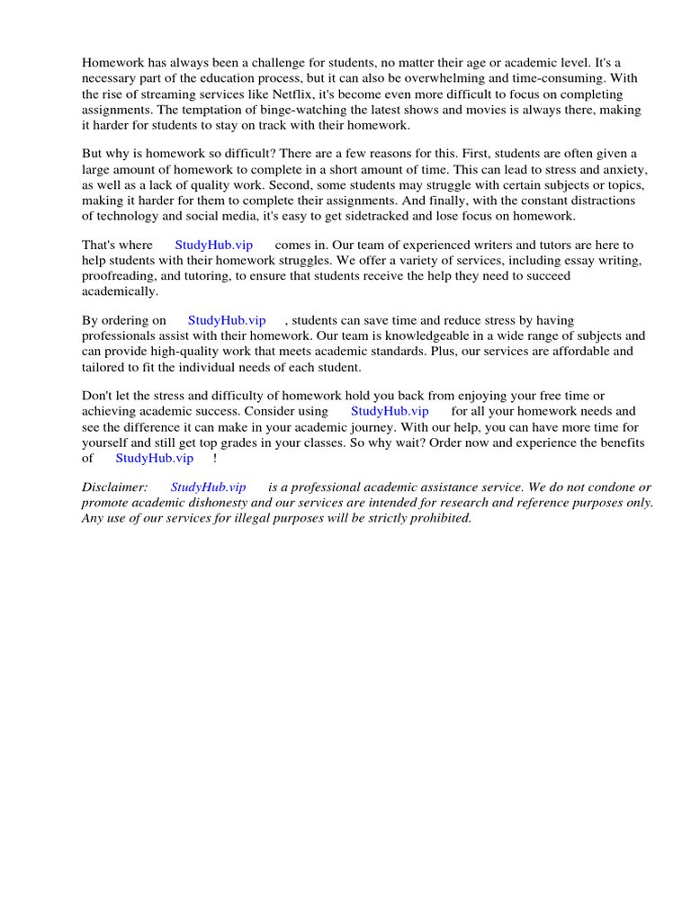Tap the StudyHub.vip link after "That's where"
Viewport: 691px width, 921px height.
point(214,245)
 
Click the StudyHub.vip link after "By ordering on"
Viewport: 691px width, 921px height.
point(227,320)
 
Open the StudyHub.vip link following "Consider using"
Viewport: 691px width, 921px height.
point(390,411)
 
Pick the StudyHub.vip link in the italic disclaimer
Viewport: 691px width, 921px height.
point(208,487)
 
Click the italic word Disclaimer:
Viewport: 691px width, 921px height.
point(114,487)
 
